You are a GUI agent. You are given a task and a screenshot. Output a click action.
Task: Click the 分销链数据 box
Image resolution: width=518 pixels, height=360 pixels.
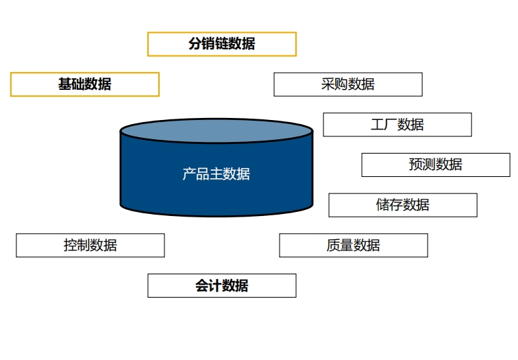(221, 44)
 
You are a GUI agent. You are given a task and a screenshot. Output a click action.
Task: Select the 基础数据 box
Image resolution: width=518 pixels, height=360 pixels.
(84, 84)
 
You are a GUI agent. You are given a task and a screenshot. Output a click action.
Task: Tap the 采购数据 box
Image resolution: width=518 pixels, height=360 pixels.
(347, 84)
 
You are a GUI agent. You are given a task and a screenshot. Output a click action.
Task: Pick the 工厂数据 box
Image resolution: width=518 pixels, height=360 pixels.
(397, 125)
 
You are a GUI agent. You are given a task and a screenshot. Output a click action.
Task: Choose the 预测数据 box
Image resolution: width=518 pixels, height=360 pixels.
(435, 165)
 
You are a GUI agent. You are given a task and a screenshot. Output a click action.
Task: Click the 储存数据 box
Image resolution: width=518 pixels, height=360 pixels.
(402, 205)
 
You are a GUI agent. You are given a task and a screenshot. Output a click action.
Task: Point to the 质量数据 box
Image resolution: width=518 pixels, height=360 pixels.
(353, 245)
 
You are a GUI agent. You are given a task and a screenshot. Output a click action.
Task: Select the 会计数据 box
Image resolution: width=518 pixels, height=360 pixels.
(221, 286)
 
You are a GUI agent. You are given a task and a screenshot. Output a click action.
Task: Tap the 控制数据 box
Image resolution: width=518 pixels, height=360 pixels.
(90, 245)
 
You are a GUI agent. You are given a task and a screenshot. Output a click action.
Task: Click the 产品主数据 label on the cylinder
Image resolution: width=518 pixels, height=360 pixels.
(216, 174)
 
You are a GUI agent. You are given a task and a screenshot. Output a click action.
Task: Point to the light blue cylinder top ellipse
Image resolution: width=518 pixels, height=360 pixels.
(217, 130)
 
